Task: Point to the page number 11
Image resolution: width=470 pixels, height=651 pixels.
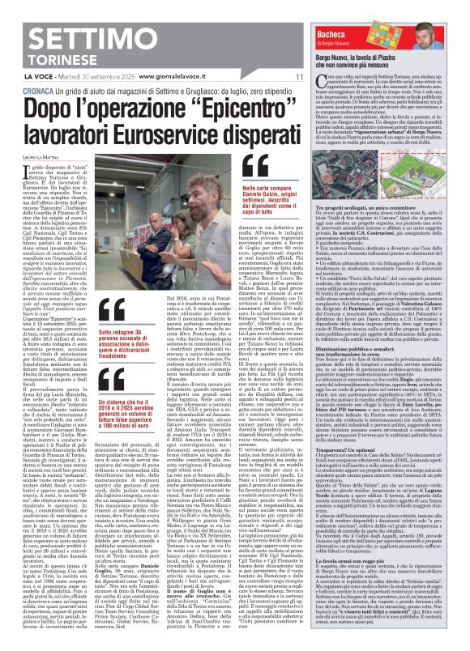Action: (x=299, y=76)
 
